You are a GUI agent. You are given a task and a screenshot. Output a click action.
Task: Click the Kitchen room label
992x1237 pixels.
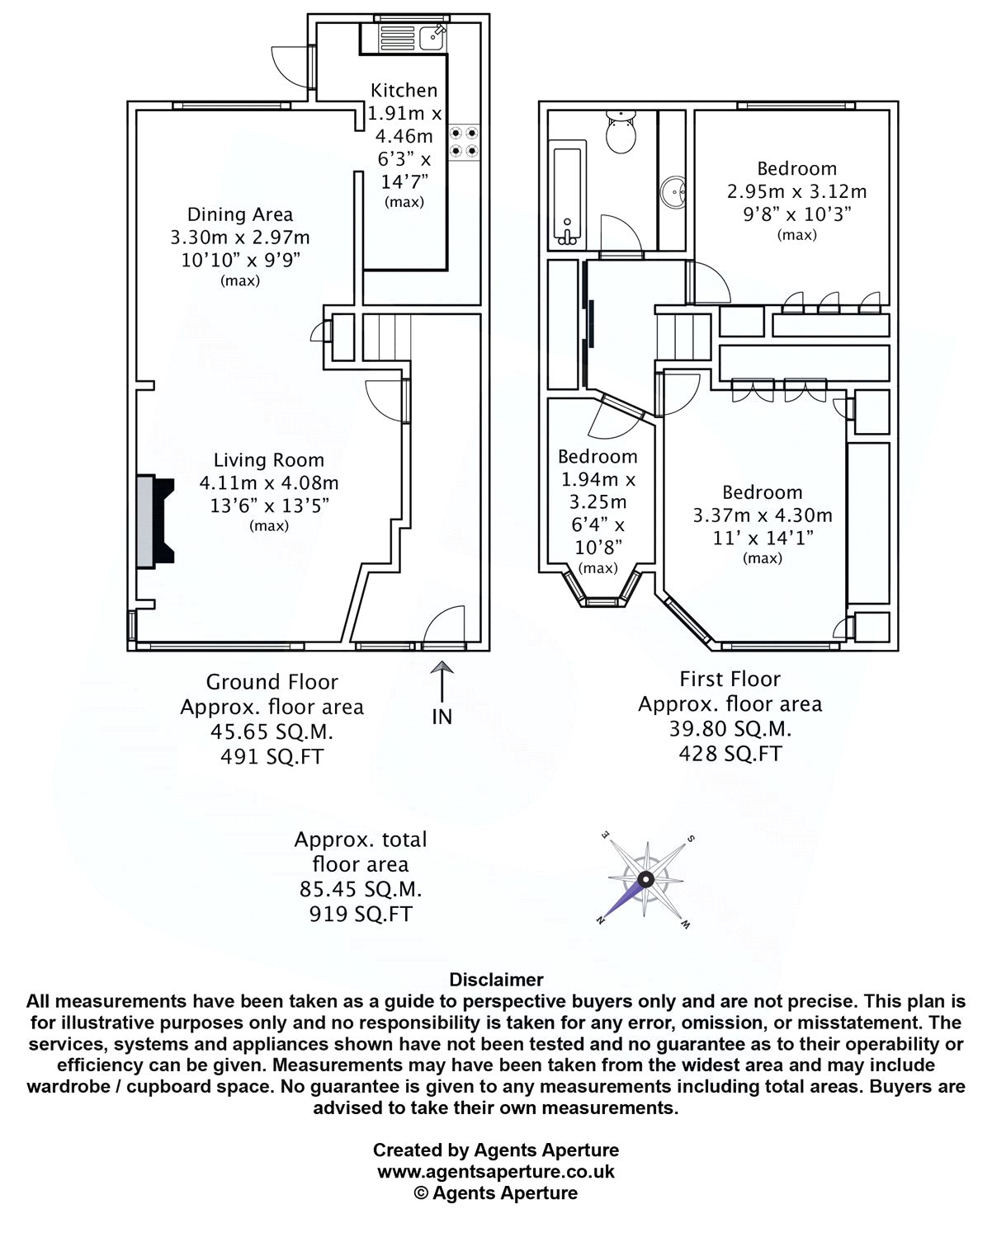404,91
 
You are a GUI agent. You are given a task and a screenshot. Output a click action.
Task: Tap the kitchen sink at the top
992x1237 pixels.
432,37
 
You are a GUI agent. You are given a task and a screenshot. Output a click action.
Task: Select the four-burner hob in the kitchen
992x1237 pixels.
463,141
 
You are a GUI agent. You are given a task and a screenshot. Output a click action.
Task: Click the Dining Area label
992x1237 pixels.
240,215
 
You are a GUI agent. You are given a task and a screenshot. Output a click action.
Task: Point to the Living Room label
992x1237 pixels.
269,461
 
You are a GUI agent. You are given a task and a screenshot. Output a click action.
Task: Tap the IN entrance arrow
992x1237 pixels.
442,682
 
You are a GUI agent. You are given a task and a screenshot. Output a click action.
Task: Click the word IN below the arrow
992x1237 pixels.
442,717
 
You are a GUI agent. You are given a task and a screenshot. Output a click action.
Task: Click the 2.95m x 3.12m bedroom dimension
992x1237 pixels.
796,192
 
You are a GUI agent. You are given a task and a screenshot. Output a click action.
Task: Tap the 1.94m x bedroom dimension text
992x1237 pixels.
598,480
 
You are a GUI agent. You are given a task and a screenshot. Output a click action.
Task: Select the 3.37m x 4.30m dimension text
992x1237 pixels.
762,516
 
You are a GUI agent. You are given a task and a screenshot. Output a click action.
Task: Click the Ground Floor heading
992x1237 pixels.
272,683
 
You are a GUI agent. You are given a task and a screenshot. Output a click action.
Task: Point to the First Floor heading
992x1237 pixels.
730,680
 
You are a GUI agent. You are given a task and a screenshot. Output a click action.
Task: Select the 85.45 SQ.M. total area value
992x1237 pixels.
361,890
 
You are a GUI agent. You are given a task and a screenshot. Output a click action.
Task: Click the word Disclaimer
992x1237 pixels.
496,980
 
